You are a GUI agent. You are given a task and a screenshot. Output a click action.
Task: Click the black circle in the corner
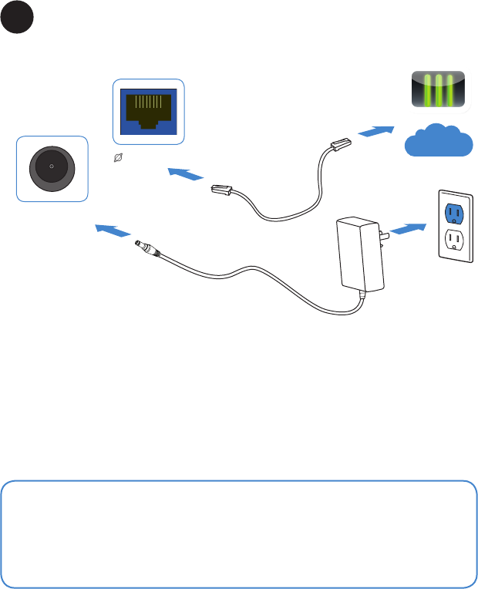pyautogui.click(x=17, y=18)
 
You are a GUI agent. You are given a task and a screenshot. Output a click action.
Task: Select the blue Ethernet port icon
pyautogui.click(x=150, y=111)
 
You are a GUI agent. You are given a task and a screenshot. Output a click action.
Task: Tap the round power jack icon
pyautogui.click(x=52, y=167)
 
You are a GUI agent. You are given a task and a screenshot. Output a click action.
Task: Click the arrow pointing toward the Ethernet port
pyautogui.click(x=183, y=175)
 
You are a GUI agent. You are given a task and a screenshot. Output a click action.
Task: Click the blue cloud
pyautogui.click(x=438, y=140)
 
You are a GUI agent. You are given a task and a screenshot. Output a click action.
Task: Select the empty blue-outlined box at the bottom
pyautogui.click(x=239, y=533)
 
